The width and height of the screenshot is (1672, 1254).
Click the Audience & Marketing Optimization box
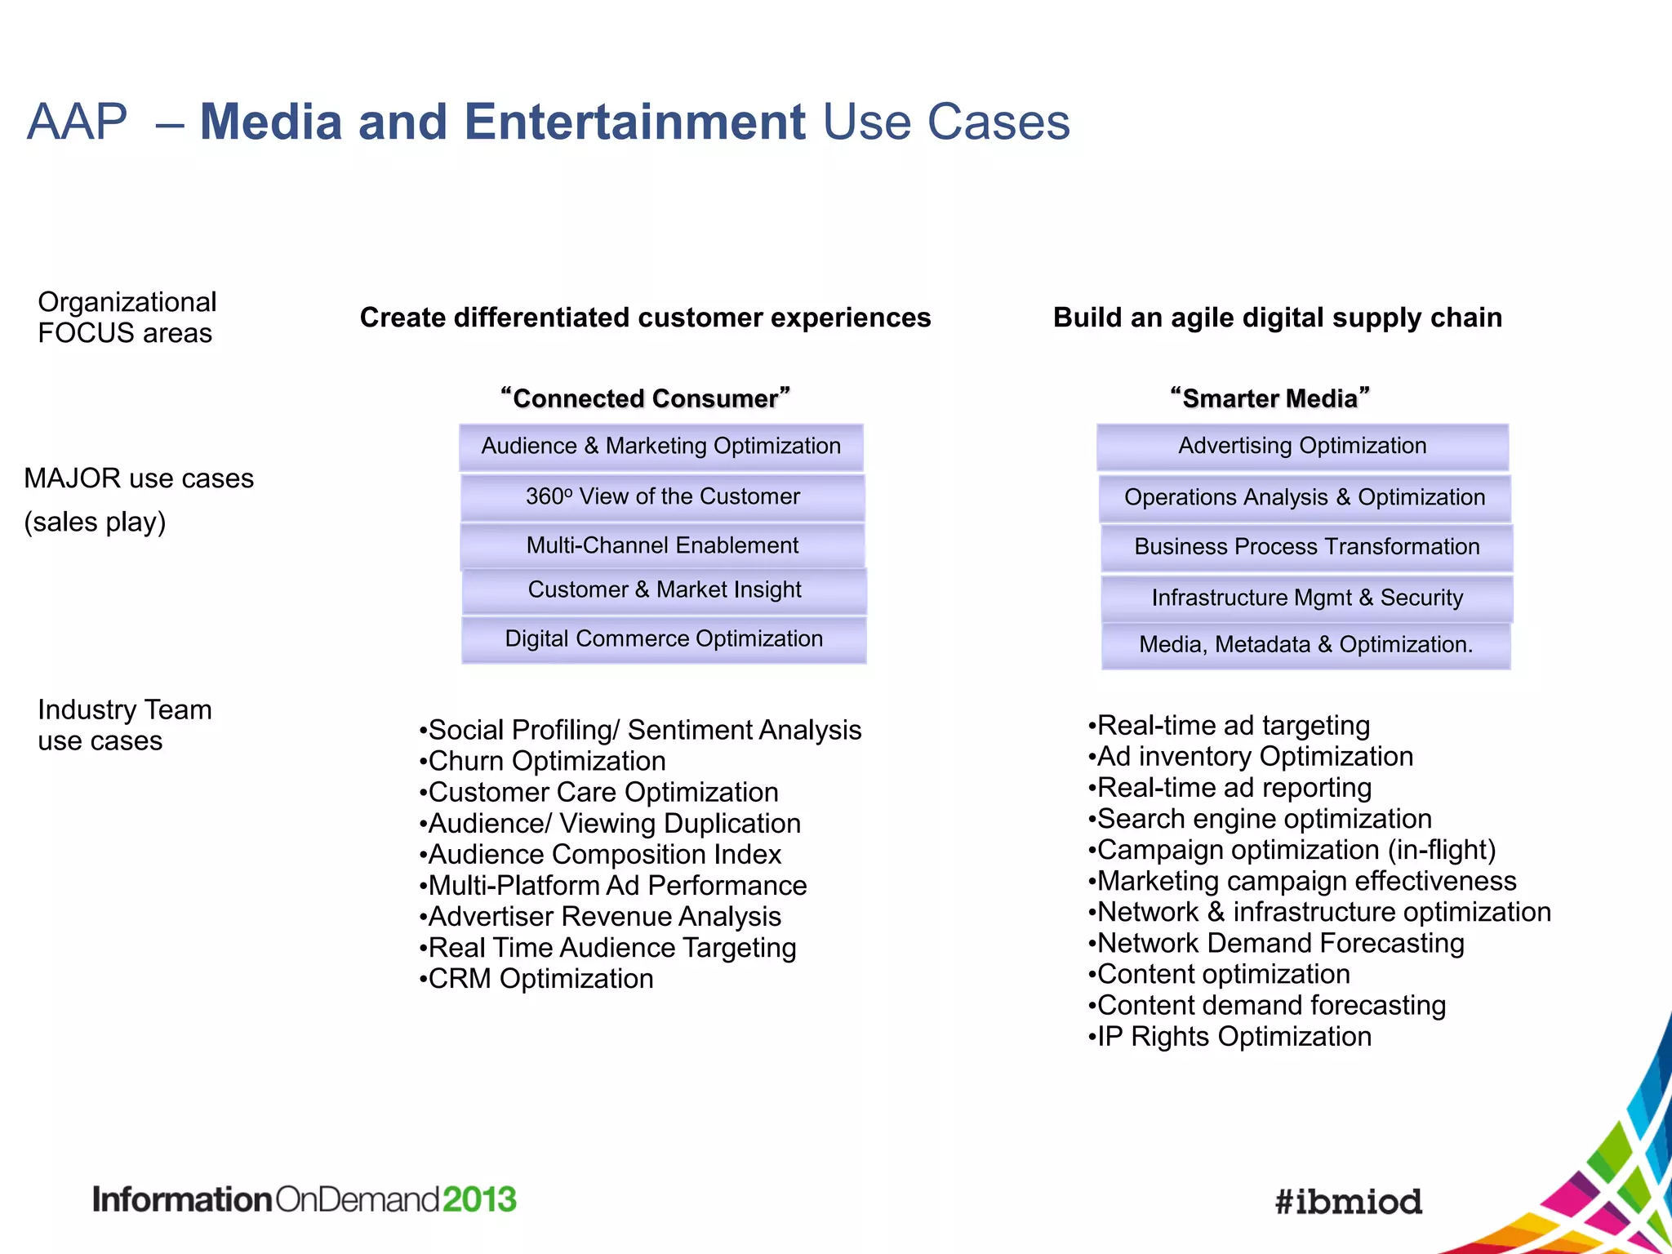660,447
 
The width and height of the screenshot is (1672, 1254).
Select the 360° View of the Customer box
662,497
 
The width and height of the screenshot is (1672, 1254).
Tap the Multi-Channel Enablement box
662,545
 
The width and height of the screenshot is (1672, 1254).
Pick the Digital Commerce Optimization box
664,639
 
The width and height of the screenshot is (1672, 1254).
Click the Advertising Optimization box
1302,447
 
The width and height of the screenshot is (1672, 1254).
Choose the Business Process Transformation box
1306,547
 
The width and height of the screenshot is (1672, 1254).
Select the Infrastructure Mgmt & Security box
1306,598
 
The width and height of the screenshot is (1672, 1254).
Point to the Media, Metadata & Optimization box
1305,645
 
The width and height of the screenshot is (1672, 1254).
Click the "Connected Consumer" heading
645,398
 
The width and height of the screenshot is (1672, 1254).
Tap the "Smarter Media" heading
1270,398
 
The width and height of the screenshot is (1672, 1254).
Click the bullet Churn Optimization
546,761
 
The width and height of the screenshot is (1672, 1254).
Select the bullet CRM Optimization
540,979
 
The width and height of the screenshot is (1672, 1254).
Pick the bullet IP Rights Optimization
1234,1037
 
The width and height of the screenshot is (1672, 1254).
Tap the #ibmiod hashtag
1348,1202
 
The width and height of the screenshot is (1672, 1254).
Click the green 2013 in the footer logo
479,1200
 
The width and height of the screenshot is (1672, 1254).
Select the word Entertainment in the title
634,122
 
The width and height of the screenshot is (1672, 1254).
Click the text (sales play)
95,522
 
